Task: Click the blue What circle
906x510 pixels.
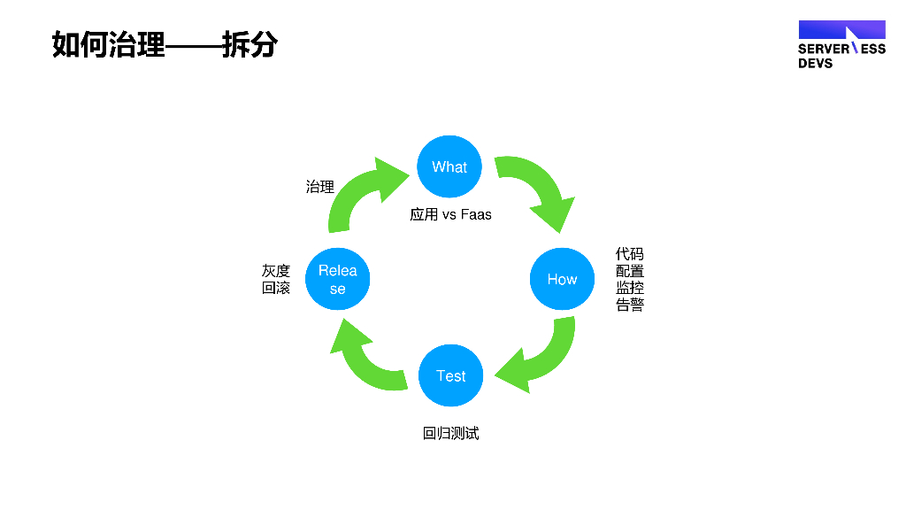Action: point(449,166)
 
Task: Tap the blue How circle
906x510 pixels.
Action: point(562,279)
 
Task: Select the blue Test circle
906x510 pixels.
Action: point(450,375)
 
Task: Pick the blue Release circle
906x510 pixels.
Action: point(338,279)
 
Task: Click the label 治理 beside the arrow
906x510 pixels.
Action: point(319,187)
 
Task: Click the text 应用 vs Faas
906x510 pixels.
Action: point(450,214)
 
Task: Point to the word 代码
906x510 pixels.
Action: point(630,254)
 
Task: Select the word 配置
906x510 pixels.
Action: point(630,271)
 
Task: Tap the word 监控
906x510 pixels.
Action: point(630,288)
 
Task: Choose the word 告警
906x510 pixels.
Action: point(630,305)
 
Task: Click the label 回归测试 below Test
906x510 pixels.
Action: point(450,433)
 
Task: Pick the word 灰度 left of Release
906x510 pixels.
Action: point(276,271)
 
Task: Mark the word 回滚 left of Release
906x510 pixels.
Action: point(276,288)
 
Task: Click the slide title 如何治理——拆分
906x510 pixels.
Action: point(165,43)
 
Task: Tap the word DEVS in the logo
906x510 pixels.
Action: point(815,64)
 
